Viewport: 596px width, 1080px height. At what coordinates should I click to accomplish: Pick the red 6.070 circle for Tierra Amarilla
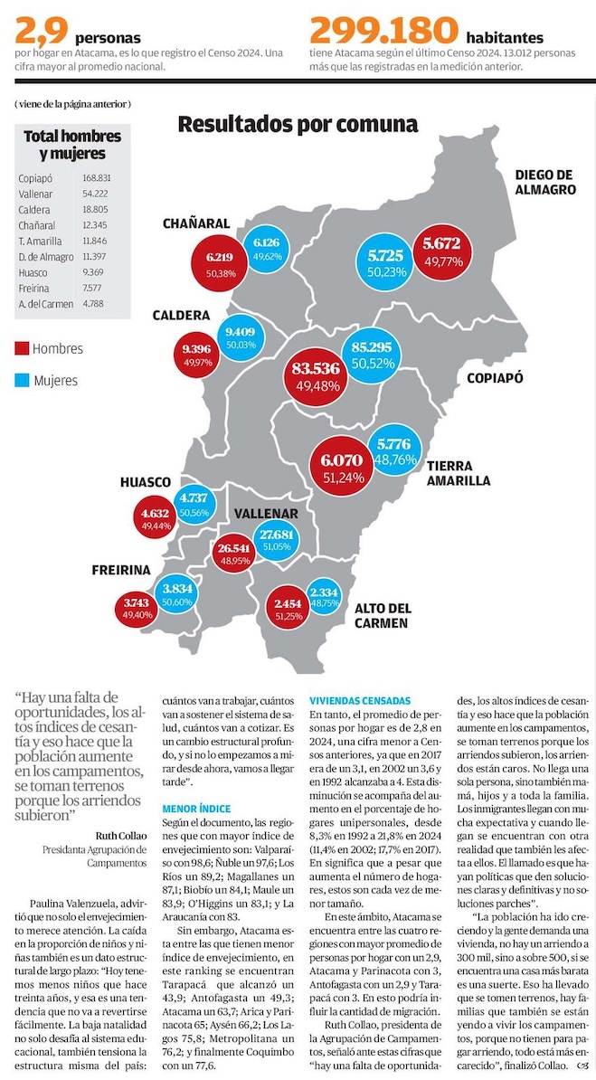coord(338,466)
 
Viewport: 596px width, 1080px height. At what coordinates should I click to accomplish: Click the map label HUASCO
coord(146,482)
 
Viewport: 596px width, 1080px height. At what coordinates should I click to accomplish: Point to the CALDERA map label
coord(181,317)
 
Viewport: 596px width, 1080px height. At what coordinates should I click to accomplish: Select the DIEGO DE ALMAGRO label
coord(545,182)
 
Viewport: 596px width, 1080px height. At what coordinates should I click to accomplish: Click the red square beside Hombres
coord(23,348)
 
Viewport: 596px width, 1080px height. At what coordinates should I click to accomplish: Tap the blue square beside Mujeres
coord(23,380)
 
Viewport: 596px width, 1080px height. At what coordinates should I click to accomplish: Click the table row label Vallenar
coord(36,194)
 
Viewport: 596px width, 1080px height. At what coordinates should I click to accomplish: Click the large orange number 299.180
coord(383,32)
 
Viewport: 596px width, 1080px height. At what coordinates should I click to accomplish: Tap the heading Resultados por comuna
coord(298,124)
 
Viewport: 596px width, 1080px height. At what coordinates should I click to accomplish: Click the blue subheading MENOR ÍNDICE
coord(197,808)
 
